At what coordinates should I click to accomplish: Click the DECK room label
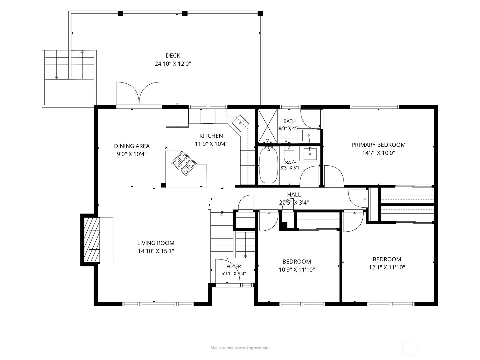tap(173, 55)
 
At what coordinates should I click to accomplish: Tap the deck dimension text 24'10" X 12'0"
tap(173, 64)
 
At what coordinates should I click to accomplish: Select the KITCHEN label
tap(211, 136)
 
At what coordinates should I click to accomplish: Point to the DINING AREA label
tap(132, 146)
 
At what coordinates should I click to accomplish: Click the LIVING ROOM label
tap(156, 243)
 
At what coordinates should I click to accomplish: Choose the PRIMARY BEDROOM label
tap(378, 145)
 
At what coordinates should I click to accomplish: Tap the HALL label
tap(294, 194)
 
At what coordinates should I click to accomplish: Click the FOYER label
tap(233, 266)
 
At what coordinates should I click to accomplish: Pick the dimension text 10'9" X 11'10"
tap(296, 270)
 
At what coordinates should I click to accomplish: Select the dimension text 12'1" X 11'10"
tap(387, 267)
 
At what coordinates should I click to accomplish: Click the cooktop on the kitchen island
tap(184, 163)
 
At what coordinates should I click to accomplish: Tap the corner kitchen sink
tap(240, 123)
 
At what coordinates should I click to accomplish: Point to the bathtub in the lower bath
tap(268, 165)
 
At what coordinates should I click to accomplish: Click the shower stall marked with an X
tap(268, 126)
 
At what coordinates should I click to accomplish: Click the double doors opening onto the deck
tap(139, 94)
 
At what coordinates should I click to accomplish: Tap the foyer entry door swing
tap(228, 271)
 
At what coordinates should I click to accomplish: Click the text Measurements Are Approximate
tap(240, 348)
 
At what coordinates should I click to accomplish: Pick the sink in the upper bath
tap(309, 136)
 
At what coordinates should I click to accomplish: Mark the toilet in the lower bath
tap(289, 154)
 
